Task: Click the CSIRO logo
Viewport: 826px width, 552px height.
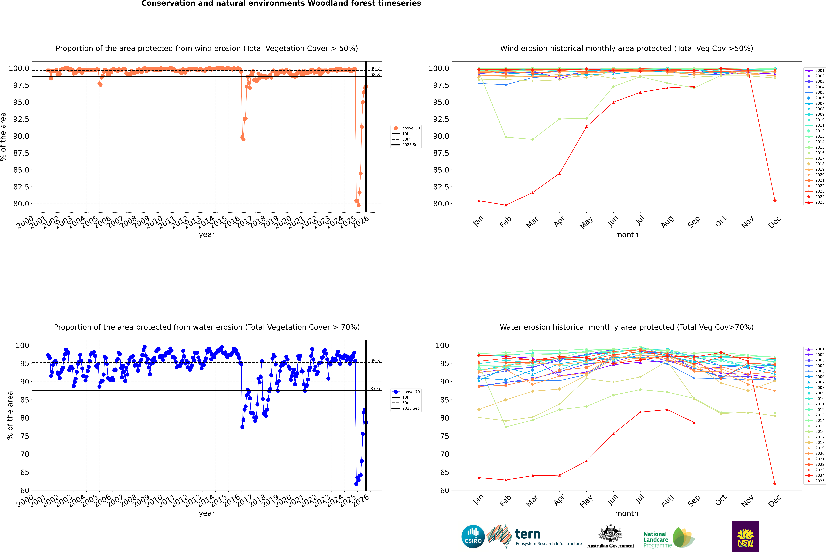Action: (x=473, y=537)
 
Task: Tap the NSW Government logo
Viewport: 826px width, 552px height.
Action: (x=745, y=537)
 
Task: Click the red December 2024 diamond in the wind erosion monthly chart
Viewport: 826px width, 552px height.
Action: (x=775, y=201)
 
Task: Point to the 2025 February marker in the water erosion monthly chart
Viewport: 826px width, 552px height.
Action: (x=506, y=480)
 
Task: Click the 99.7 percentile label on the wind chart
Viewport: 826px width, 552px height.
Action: (x=375, y=69)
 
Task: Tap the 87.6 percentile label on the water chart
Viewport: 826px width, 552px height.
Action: (x=375, y=389)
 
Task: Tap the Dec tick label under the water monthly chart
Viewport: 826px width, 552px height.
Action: (x=775, y=501)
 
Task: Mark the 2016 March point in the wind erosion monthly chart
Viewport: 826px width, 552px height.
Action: (x=532, y=139)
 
